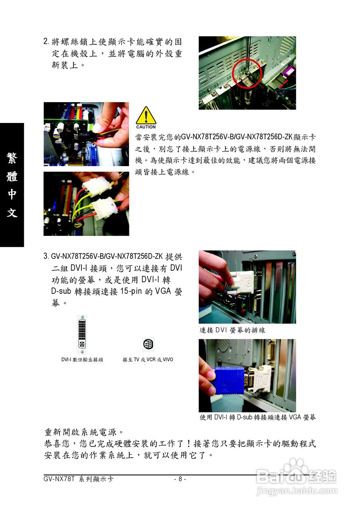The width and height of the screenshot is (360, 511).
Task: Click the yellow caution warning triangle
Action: [146, 115]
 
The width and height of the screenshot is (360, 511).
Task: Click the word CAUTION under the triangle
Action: [146, 127]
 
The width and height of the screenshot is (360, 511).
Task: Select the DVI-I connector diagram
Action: [82, 335]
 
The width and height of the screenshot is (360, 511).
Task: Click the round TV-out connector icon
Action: [148, 344]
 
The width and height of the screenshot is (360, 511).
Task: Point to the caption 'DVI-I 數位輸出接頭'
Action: [82, 360]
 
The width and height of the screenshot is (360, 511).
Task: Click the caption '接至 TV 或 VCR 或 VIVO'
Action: [148, 360]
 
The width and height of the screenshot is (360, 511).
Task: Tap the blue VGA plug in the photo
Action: [230, 380]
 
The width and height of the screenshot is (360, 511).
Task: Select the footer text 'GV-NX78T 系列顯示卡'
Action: [78, 479]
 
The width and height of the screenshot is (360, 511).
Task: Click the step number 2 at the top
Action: [46, 41]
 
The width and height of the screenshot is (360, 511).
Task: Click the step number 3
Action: [46, 256]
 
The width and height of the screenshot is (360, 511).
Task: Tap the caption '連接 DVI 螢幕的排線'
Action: [232, 330]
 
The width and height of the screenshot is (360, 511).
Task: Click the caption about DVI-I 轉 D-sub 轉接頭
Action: [257, 417]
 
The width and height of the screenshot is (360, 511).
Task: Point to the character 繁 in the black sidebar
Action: [12, 158]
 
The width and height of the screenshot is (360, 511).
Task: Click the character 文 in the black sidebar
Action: [12, 212]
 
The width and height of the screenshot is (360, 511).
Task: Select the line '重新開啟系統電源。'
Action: [84, 432]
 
